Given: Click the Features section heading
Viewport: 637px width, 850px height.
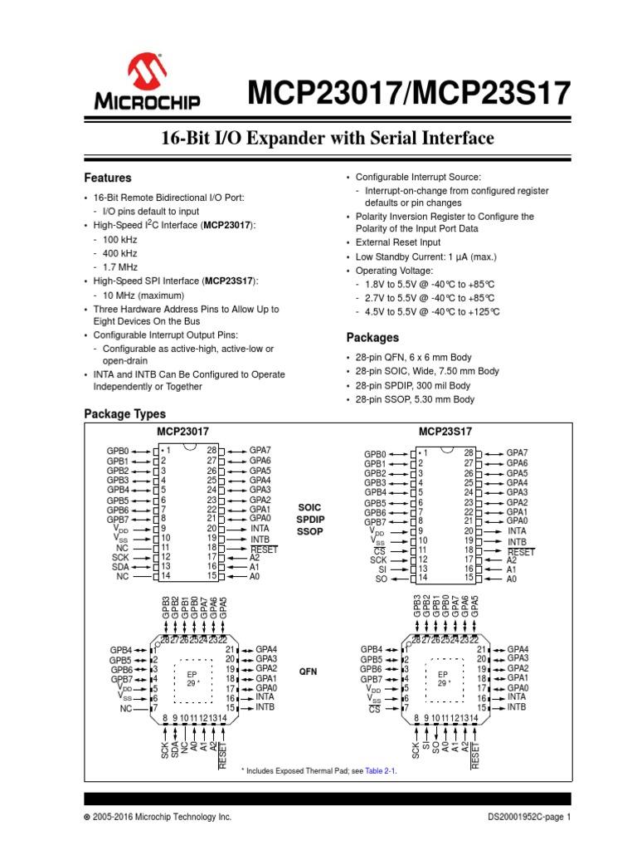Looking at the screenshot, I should click(108, 178).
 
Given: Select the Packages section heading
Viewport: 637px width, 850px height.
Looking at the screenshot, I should click(372, 338).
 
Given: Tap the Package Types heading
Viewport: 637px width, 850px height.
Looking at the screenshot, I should click(125, 413).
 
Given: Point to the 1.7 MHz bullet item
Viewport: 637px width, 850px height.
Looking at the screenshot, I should click(119, 267).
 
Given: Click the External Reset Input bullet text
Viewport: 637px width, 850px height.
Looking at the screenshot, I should click(399, 242).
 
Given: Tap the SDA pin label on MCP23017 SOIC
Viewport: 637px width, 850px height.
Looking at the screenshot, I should click(121, 566).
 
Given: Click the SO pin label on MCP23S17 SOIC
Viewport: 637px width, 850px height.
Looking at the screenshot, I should click(382, 579).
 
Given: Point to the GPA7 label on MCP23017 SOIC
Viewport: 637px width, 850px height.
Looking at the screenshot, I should click(260, 450).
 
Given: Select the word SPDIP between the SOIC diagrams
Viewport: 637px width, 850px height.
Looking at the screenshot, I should click(308, 518).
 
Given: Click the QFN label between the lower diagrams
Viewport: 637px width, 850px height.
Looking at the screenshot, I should click(308, 669).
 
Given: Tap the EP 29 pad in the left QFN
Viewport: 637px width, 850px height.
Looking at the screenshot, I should click(192, 678).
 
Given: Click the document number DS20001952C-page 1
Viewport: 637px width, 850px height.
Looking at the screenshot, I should click(530, 818).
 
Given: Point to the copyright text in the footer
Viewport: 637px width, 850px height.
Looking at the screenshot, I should click(157, 818).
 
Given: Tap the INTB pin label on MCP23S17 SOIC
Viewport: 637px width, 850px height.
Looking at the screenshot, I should click(518, 541).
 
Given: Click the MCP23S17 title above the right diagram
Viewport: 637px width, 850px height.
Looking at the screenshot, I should click(445, 432).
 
